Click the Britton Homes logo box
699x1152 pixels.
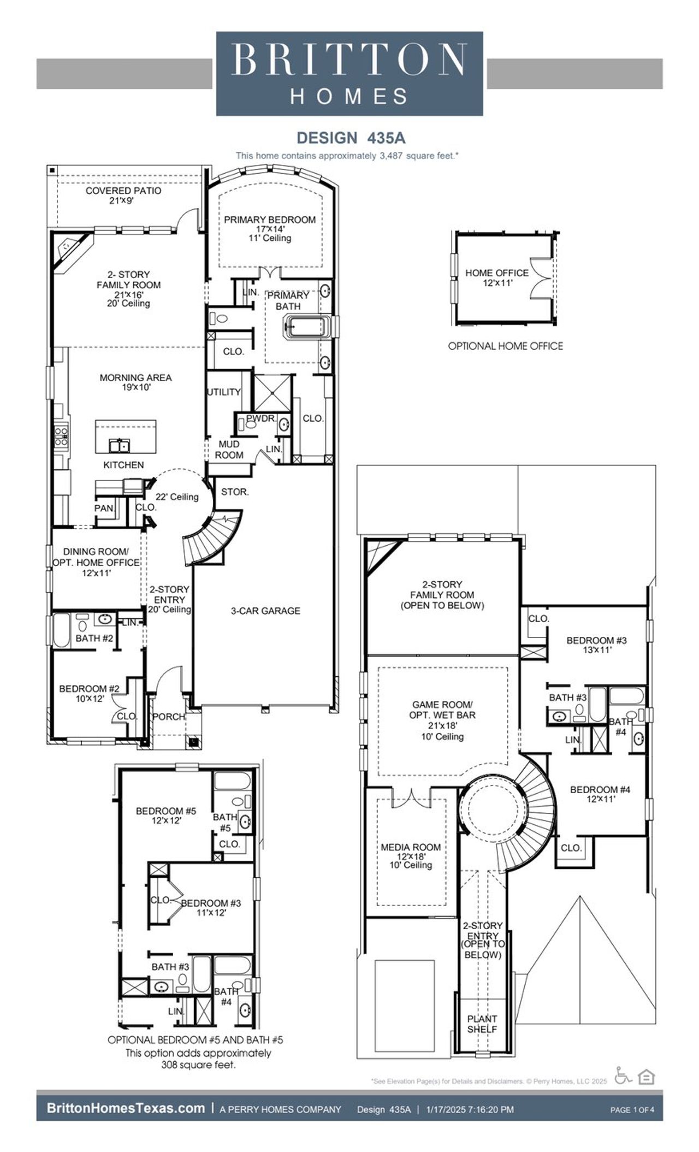pyautogui.click(x=349, y=74)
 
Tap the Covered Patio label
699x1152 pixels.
pyautogui.click(x=123, y=195)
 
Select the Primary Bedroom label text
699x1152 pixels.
pyautogui.click(x=270, y=220)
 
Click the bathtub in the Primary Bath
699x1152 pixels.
pyautogui.click(x=307, y=328)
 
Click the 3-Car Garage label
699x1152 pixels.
pyautogui.click(x=265, y=611)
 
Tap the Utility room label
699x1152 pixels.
pyautogui.click(x=224, y=392)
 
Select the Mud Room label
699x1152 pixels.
pyautogui.click(x=229, y=450)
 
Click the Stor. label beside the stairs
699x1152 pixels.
pyautogui.click(x=235, y=492)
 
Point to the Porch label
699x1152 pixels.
pyautogui.click(x=168, y=716)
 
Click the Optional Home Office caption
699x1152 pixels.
pyautogui.click(x=505, y=346)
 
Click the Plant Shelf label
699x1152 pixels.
pyautogui.click(x=482, y=1024)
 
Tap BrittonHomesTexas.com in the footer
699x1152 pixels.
pyautogui.click(x=126, y=1108)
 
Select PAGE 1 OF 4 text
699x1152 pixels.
pyautogui.click(x=632, y=1109)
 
